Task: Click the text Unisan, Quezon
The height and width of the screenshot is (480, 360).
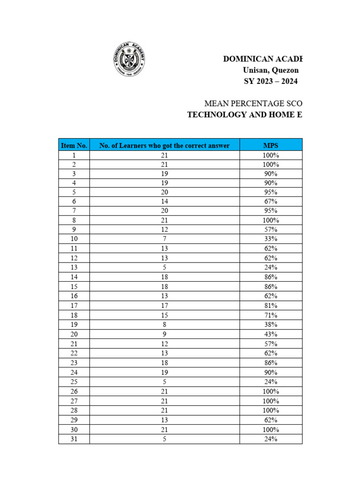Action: (x=270, y=70)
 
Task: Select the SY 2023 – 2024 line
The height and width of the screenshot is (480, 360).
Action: (x=270, y=81)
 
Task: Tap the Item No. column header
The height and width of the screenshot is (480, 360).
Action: (x=74, y=145)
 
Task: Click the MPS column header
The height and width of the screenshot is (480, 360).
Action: (x=271, y=145)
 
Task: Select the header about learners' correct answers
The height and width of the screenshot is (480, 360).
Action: (x=165, y=145)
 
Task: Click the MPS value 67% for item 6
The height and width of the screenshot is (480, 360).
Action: (x=271, y=201)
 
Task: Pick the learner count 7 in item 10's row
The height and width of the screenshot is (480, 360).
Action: (x=165, y=239)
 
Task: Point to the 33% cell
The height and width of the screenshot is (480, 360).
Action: (x=271, y=239)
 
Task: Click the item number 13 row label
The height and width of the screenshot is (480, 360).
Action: (x=74, y=268)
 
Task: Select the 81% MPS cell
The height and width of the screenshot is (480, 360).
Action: (x=271, y=306)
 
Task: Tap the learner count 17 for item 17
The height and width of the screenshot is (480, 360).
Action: (x=165, y=306)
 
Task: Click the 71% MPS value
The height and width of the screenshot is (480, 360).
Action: (x=271, y=315)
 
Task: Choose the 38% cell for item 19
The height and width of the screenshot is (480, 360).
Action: (x=271, y=324)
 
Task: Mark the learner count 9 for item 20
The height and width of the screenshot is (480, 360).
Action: (x=165, y=334)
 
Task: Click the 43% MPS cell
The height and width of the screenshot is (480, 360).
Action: (x=271, y=334)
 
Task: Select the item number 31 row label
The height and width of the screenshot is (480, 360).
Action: (x=74, y=439)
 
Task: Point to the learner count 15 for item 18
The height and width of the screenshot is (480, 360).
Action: (x=165, y=315)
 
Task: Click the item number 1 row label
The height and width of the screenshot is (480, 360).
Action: (x=74, y=155)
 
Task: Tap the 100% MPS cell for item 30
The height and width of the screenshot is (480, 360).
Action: (x=271, y=429)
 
